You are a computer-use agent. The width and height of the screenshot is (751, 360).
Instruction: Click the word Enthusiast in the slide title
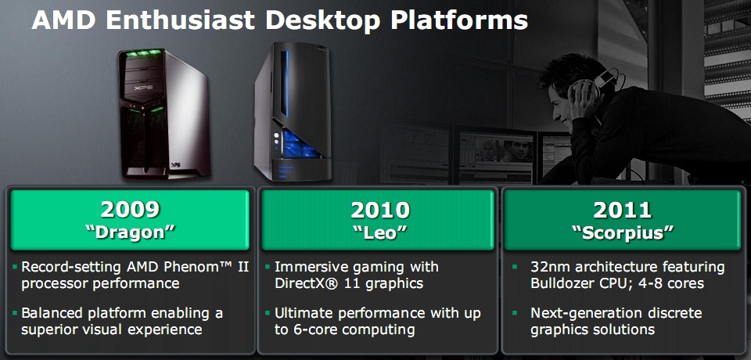[x=181, y=20]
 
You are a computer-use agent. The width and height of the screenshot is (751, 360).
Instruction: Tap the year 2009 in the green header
[x=130, y=210]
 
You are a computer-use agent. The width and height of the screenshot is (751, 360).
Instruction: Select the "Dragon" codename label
[x=130, y=232]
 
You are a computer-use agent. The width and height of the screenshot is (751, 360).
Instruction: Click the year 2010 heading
[x=380, y=210]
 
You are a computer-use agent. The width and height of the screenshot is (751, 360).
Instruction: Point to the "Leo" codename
[x=380, y=232]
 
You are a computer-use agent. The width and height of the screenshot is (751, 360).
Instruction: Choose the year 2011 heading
[x=623, y=210]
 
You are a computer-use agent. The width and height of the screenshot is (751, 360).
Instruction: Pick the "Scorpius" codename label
[x=623, y=233]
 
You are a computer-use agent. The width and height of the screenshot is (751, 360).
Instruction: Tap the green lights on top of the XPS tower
[x=142, y=53]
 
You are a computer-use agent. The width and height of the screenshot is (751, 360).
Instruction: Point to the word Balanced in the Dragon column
[x=52, y=314]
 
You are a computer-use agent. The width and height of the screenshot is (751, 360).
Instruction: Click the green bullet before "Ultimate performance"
[x=268, y=314]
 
